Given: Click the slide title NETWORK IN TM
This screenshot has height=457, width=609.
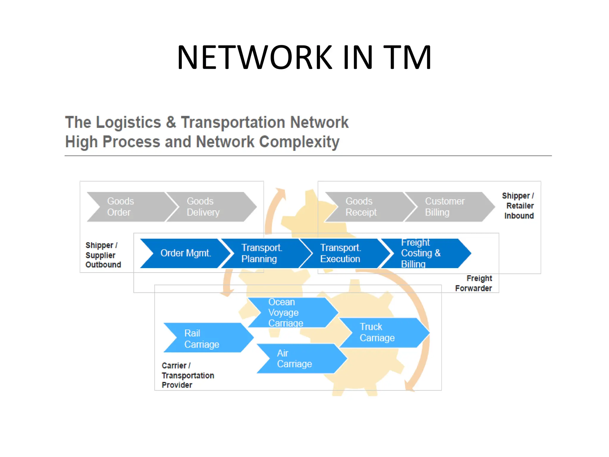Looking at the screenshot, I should tap(304, 57).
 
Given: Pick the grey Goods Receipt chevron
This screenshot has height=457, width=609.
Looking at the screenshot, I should tap(364, 207).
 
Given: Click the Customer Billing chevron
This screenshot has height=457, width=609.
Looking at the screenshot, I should tap(445, 207).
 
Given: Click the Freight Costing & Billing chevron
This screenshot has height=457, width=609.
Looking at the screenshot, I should tap(422, 253).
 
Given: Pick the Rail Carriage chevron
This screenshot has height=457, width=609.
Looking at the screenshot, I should tap(205, 338).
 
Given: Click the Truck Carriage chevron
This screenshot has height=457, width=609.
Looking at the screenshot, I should tap(381, 332).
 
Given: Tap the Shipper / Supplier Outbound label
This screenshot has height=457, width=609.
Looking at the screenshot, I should tap(103, 255).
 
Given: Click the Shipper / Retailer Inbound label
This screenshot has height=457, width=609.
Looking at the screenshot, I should tap(518, 206).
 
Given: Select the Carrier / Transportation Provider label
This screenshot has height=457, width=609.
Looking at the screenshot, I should tap(187, 375).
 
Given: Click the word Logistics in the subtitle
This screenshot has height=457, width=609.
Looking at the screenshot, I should tap(128, 122).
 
